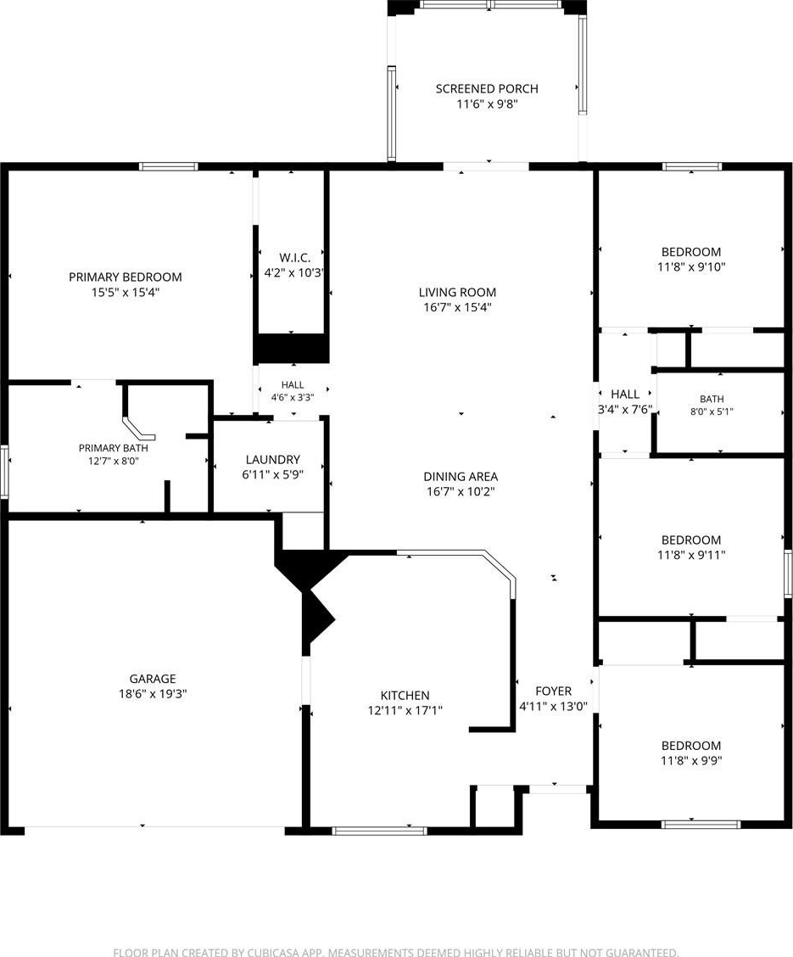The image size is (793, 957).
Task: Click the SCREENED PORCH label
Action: coord(487,89)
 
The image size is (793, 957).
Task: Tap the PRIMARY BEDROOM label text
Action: coord(125,277)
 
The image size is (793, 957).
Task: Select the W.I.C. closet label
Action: coord(294,258)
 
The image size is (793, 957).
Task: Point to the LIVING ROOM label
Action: coord(457,293)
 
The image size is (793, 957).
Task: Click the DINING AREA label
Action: coord(461,477)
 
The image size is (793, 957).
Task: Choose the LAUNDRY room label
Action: coord(272,460)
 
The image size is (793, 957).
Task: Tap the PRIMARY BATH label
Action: coord(114,448)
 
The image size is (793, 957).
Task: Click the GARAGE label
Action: coord(153,679)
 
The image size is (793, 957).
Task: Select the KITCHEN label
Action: coord(405,695)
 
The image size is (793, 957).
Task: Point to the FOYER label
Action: coord(553,691)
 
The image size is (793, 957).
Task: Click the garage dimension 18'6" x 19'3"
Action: coord(153,694)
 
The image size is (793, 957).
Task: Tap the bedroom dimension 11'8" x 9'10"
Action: coord(691,266)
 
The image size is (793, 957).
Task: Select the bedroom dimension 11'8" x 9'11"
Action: coord(691,555)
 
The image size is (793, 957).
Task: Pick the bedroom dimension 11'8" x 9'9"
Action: coord(691,760)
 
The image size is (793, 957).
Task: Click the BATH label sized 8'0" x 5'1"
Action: coord(712,399)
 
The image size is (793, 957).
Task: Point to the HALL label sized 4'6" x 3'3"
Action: coord(293,385)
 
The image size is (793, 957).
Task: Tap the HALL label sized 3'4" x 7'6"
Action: coord(625,395)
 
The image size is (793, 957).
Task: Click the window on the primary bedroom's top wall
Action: coord(169,166)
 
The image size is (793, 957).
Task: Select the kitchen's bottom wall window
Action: coord(379,831)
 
